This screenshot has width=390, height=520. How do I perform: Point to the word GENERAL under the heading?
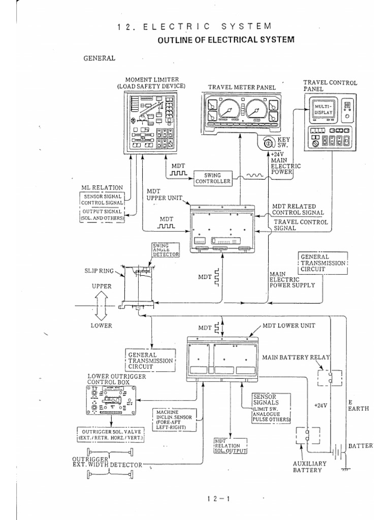coord(100,58)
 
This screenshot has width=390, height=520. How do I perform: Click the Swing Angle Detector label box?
coord(162,250)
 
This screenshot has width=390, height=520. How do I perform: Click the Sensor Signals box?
coord(272,408)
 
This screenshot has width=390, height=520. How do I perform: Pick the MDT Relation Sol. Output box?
coord(230,446)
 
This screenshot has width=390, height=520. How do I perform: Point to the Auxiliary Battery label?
coord(310,467)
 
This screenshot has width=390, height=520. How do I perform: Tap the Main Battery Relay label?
coord(296,357)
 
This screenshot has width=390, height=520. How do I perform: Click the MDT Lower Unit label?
coord(288,325)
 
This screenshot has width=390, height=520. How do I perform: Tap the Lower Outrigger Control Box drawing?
coord(111,401)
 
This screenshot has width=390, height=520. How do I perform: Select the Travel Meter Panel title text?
coord(242,87)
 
